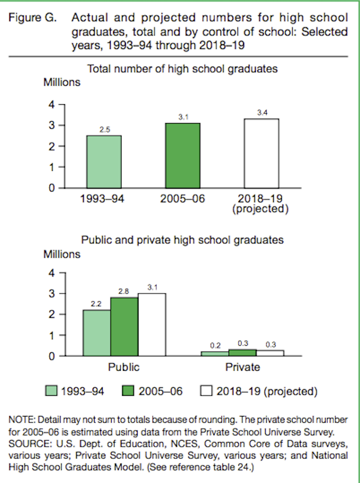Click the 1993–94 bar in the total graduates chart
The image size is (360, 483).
point(104,162)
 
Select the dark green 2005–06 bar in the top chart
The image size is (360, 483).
point(182,156)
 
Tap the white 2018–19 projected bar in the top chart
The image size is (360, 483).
point(261,153)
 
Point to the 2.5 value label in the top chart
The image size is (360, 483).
point(104,130)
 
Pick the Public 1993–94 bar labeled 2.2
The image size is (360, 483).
point(97,333)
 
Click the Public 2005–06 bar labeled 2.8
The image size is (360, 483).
point(124,326)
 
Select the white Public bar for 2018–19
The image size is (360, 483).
point(152,325)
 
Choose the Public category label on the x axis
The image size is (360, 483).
point(124,367)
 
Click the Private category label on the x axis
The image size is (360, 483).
point(242,367)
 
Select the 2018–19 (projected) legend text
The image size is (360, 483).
point(267,391)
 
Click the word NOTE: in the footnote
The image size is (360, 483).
point(22,419)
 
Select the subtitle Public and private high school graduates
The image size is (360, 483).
point(182,240)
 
